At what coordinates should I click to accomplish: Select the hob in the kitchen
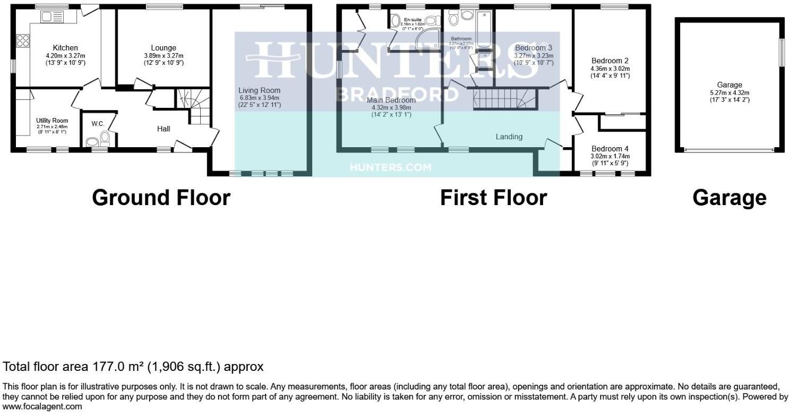(x=23, y=41)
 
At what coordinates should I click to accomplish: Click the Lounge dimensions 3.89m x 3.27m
(x=163, y=56)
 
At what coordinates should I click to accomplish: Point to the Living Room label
(x=259, y=90)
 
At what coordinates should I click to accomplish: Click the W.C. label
(x=97, y=124)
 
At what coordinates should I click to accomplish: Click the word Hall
(x=164, y=129)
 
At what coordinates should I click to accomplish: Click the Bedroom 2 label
(x=609, y=61)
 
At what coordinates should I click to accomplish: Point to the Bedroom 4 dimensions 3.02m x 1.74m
(x=609, y=156)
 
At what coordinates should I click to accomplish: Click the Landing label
(x=509, y=137)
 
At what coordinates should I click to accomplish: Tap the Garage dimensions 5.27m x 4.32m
(x=729, y=92)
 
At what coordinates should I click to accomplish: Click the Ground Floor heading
(x=161, y=198)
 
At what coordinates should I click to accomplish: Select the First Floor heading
(x=493, y=198)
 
